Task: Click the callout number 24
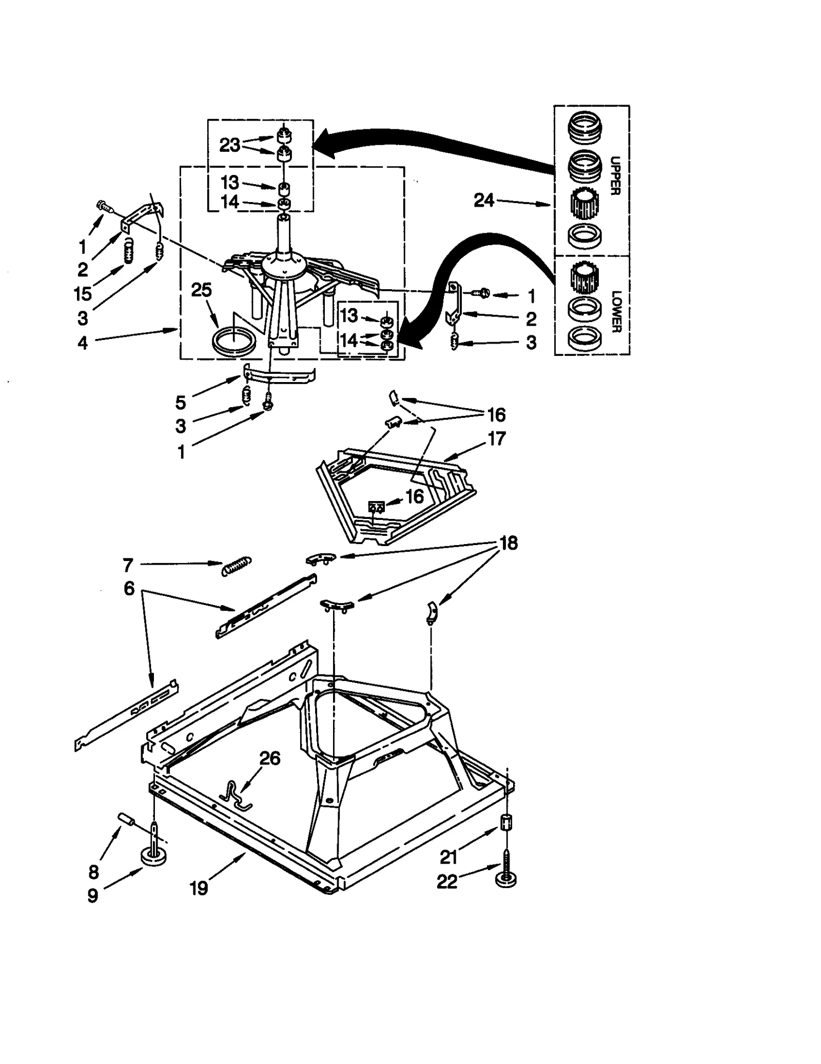(x=483, y=200)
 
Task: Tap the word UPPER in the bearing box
(x=615, y=175)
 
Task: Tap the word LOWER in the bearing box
(x=615, y=311)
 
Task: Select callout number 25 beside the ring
(x=201, y=290)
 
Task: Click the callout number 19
(x=199, y=887)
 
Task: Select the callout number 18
(x=509, y=543)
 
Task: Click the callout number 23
(x=229, y=145)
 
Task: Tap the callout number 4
(x=83, y=343)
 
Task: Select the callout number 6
(x=129, y=588)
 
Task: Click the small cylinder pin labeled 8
(x=126, y=819)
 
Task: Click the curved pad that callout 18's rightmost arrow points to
(x=433, y=613)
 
